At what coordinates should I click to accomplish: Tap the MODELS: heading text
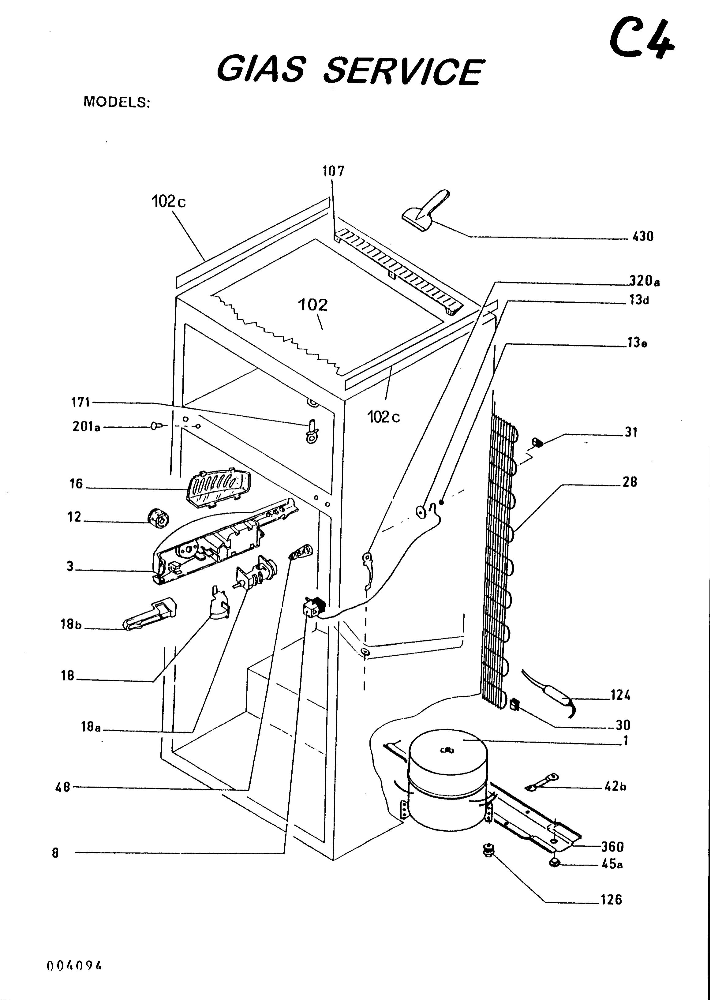(x=116, y=102)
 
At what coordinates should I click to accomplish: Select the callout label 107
(x=334, y=171)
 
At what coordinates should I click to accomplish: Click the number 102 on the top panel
(x=312, y=305)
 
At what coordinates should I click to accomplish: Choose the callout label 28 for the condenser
(x=630, y=482)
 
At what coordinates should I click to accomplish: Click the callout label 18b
(x=71, y=624)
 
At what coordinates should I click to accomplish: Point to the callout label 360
(x=612, y=847)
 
